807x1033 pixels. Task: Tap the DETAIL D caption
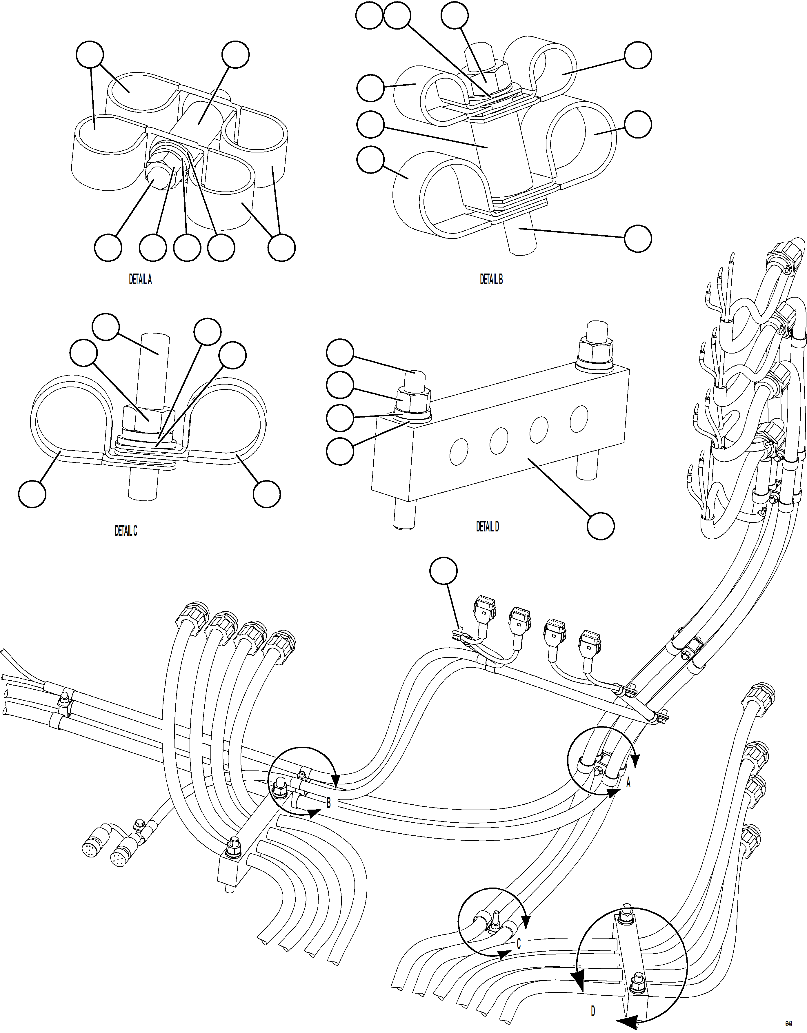[x=487, y=526]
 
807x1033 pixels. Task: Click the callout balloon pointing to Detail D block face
[x=601, y=526]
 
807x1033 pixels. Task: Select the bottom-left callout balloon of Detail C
[x=32, y=494]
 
